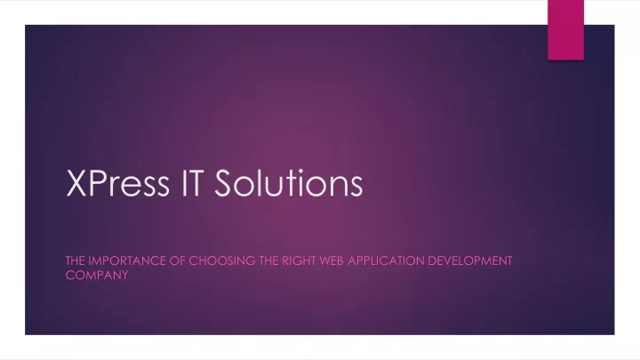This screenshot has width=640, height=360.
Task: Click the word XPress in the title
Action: [117, 183]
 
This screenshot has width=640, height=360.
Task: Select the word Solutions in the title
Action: [289, 183]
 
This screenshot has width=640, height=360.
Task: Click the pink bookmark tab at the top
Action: [565, 30]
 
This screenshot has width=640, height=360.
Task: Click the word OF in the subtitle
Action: [177, 260]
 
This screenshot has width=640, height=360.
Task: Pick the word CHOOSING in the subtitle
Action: [222, 260]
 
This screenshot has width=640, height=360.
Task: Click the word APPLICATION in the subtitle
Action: [386, 260]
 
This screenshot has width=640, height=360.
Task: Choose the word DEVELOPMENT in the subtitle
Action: [470, 260]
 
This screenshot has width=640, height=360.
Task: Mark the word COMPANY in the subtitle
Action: [97, 275]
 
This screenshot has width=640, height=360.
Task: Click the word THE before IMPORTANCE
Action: [76, 260]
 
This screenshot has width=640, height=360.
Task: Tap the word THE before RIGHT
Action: [269, 260]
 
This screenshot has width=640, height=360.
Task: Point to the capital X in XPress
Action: [76, 183]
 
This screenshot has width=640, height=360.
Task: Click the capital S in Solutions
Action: [224, 183]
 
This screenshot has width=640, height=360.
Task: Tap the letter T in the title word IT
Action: [194, 183]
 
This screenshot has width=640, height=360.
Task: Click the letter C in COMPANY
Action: [70, 275]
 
